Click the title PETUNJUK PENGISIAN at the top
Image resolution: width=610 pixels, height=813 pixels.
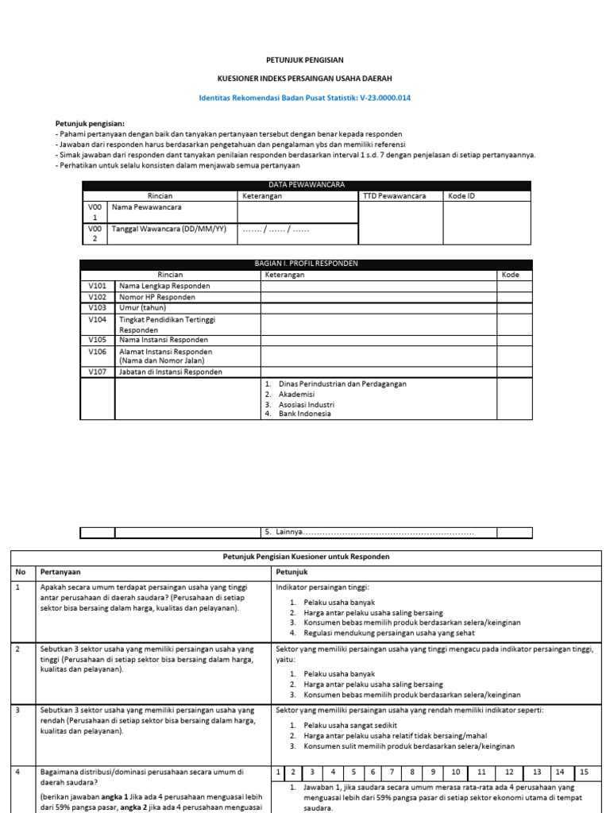[304, 60]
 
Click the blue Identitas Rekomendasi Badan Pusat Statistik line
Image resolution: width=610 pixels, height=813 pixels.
[304, 98]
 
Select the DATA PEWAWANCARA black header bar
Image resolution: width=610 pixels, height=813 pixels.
[306, 184]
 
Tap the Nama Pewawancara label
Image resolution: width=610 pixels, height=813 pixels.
[146, 207]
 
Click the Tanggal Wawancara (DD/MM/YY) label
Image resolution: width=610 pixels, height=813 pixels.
[168, 229]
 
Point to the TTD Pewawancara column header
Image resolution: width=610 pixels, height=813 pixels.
[394, 195]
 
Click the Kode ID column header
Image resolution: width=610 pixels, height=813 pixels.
[461, 195]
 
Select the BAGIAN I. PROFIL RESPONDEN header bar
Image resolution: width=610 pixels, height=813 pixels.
[306, 264]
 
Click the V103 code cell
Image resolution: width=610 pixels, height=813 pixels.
[98, 307]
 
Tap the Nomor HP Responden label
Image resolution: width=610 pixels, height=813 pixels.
[156, 297]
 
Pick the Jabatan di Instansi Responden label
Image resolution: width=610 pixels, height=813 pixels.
[170, 372]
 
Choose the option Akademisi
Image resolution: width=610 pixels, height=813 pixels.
[296, 394]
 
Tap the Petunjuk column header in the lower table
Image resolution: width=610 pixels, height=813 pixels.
[292, 572]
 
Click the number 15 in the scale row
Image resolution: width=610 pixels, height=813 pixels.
[584, 772]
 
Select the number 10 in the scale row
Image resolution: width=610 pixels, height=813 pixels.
[454, 772]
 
